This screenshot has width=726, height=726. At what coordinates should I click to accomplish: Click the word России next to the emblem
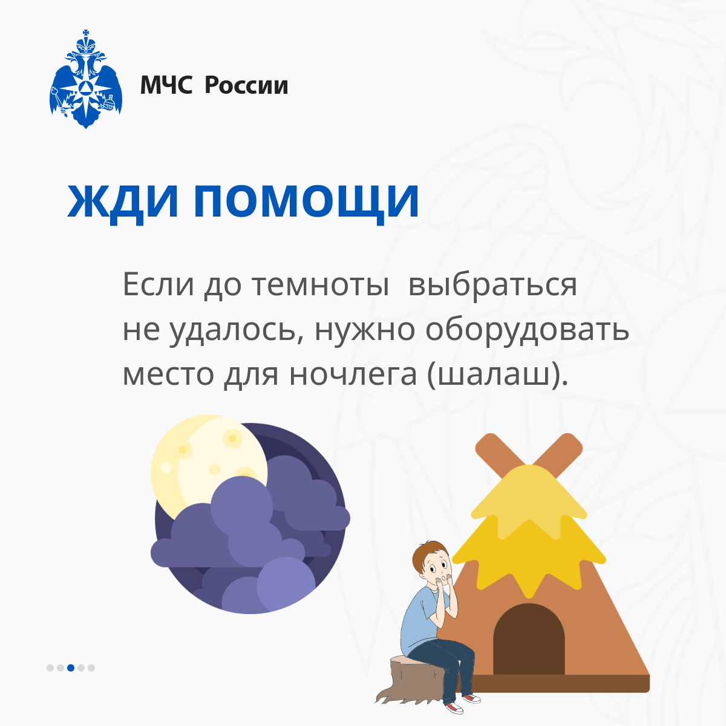(x=246, y=85)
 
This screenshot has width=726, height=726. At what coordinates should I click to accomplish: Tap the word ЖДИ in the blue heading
(x=122, y=202)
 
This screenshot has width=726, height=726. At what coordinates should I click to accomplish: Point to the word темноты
(x=320, y=285)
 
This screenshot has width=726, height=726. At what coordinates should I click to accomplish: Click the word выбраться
(x=493, y=285)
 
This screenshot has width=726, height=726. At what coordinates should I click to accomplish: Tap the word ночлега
(x=353, y=376)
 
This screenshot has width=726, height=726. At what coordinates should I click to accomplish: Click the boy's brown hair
(x=429, y=554)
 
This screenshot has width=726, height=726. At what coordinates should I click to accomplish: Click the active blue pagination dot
(x=71, y=667)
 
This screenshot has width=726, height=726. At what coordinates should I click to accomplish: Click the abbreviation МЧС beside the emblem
(x=166, y=85)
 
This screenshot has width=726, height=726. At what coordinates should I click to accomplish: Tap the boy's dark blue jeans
(x=448, y=667)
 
